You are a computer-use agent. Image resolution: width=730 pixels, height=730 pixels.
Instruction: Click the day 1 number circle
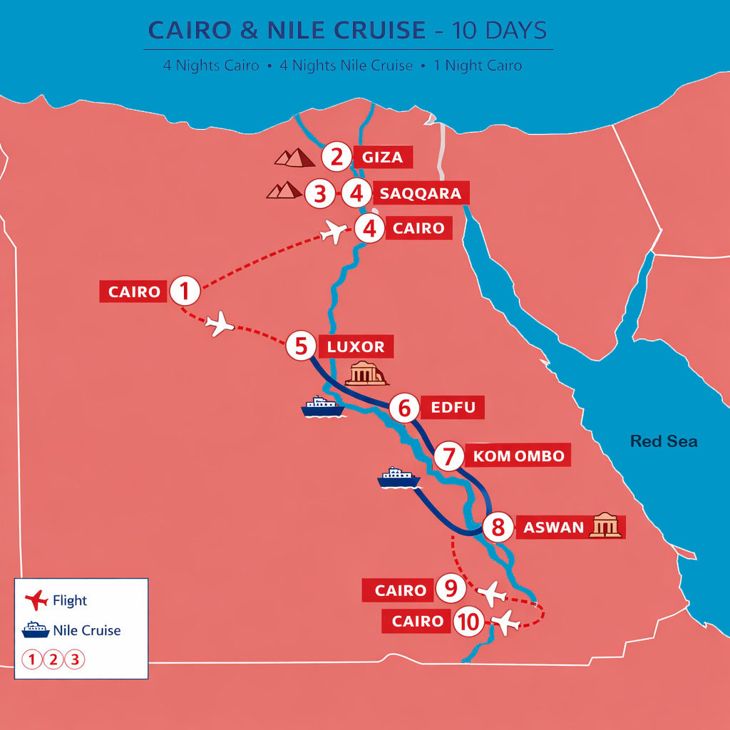click(x=185, y=291)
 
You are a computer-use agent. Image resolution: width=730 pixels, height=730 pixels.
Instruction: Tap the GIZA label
click(x=383, y=158)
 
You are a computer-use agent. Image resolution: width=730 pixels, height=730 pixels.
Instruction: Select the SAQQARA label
click(x=421, y=193)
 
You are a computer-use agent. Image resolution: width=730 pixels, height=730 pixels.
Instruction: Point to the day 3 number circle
click(x=319, y=194)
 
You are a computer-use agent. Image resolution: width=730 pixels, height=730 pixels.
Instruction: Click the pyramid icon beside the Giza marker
click(x=295, y=158)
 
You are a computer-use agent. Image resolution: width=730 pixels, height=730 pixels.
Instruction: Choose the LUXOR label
click(x=356, y=347)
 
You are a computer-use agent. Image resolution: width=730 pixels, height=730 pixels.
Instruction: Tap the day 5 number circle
click(x=301, y=347)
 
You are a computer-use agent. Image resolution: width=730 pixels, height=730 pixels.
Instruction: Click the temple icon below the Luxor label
click(x=366, y=374)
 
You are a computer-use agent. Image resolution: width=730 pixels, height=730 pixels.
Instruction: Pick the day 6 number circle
click(x=405, y=408)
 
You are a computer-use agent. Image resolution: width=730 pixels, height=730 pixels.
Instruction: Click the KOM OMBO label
click(x=518, y=456)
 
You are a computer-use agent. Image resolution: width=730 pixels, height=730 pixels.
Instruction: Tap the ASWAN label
click(x=553, y=528)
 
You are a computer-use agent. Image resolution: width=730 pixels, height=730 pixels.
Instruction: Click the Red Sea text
click(x=664, y=441)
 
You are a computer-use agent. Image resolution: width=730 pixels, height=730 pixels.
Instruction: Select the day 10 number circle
click(x=468, y=622)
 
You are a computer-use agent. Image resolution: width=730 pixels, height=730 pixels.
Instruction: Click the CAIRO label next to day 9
click(x=401, y=590)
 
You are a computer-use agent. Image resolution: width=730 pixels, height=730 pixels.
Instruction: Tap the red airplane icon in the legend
click(x=35, y=601)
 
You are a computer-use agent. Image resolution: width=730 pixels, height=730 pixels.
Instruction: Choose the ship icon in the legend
click(x=35, y=630)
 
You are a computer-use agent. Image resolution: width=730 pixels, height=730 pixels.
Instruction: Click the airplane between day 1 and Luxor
click(x=220, y=324)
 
